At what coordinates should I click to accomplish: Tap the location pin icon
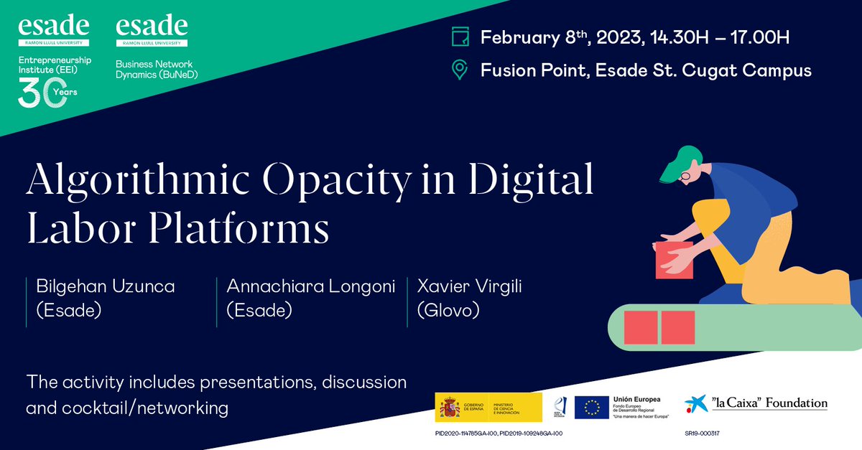coord(459,70)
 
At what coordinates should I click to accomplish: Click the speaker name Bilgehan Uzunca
coord(106,287)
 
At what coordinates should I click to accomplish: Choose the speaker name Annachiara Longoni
coord(311,287)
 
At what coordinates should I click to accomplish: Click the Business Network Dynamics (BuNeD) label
coord(157,69)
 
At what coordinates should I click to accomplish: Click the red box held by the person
coord(673,259)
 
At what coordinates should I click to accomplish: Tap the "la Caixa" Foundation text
coord(769,403)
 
